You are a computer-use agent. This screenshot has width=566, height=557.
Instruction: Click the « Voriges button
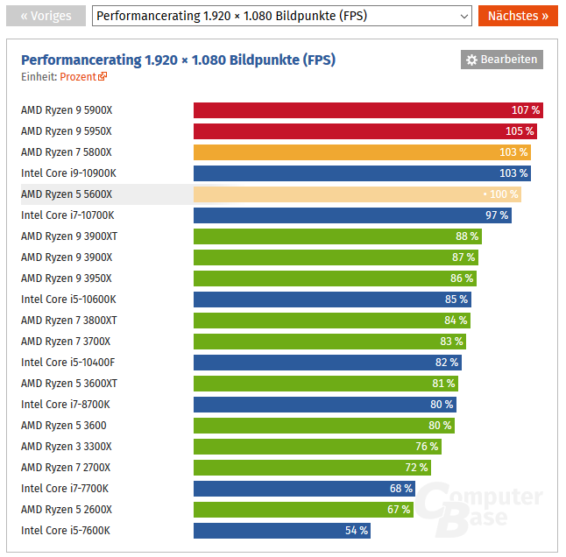tap(46, 16)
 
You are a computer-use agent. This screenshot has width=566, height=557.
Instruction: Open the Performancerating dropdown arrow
tap(463, 16)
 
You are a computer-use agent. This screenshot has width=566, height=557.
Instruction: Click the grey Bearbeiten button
tap(502, 60)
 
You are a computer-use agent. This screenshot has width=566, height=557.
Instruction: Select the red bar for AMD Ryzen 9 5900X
tap(368, 110)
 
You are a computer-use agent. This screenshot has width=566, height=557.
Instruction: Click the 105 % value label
tap(520, 131)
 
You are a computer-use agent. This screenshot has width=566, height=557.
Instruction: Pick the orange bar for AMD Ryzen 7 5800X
tap(362, 152)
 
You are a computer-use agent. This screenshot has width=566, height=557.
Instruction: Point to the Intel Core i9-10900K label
tap(68, 173)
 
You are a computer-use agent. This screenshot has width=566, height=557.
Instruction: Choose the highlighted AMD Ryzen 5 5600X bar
tap(357, 194)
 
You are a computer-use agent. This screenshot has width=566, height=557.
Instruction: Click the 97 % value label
tap(497, 215)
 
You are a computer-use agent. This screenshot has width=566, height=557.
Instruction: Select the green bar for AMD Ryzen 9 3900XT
tap(337, 236)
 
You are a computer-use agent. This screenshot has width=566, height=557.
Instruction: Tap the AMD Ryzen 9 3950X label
tap(67, 278)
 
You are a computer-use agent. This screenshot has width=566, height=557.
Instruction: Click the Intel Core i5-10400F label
tap(67, 363)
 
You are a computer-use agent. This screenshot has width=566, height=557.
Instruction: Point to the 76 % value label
tap(427, 447)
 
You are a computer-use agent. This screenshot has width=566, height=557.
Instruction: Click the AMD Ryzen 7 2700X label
tap(66, 468)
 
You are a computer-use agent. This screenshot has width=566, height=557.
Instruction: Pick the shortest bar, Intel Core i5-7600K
tap(282, 531)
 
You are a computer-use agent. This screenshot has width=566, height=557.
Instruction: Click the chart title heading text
tap(178, 60)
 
